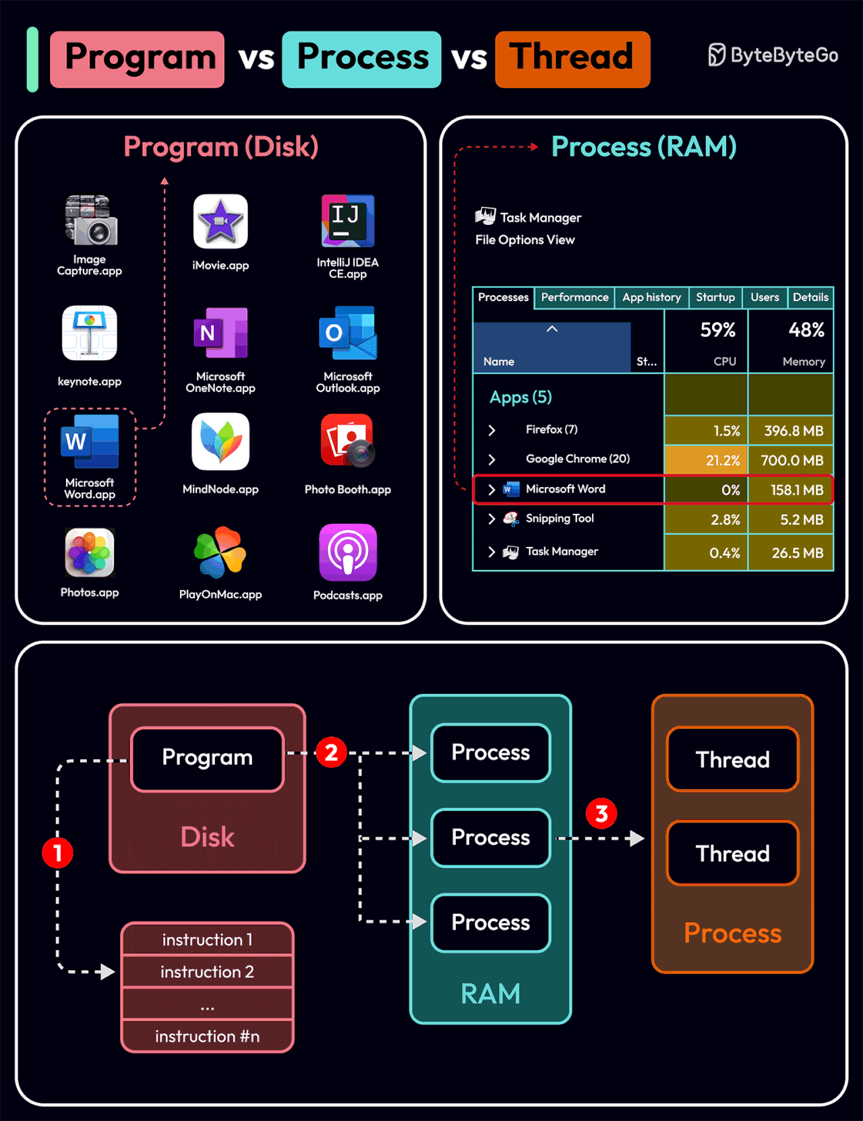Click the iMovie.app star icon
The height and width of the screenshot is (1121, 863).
[220, 222]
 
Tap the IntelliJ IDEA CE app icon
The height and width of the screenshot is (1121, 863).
[348, 221]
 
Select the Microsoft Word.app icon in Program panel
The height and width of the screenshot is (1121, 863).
[90, 442]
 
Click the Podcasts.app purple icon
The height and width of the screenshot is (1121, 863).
[348, 552]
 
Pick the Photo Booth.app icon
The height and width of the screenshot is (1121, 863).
[348, 441]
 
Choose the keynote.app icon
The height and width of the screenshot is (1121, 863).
[90, 333]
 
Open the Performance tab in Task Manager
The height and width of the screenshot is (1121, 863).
[574, 297]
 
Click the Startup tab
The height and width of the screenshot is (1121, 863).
[715, 297]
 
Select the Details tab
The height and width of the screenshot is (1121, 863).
[810, 297]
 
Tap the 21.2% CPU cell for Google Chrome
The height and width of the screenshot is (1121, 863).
[706, 460]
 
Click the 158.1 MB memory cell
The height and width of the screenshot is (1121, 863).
[792, 490]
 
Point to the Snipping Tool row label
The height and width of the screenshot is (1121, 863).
[560, 518]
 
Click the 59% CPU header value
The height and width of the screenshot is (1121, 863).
[717, 330]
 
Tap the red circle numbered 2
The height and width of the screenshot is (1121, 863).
[331, 752]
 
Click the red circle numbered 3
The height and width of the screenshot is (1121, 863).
[601, 814]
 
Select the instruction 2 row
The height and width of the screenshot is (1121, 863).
[207, 971]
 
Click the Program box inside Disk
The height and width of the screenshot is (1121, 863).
[207, 758]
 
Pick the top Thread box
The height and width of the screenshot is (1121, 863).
[732, 760]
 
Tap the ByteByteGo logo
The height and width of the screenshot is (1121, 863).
[773, 55]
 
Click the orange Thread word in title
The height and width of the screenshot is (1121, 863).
[572, 59]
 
